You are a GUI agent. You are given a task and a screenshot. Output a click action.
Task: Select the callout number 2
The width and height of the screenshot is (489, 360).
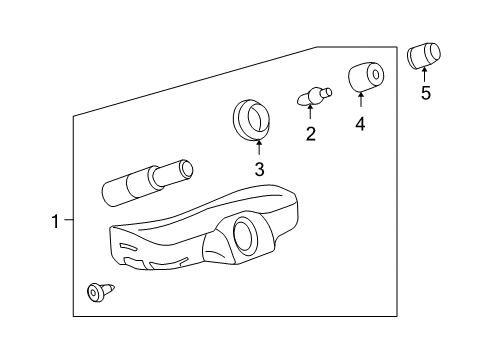coord(311,134)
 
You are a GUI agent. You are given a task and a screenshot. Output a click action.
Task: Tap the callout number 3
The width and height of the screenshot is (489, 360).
coord(259,169)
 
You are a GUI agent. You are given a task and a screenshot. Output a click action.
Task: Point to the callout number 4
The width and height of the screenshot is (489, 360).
coord(360,125)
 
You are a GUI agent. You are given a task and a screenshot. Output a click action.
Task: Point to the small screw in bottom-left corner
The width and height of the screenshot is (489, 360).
coord(98,291)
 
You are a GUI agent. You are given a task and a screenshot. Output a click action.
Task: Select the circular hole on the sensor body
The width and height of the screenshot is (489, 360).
coord(243,236)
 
